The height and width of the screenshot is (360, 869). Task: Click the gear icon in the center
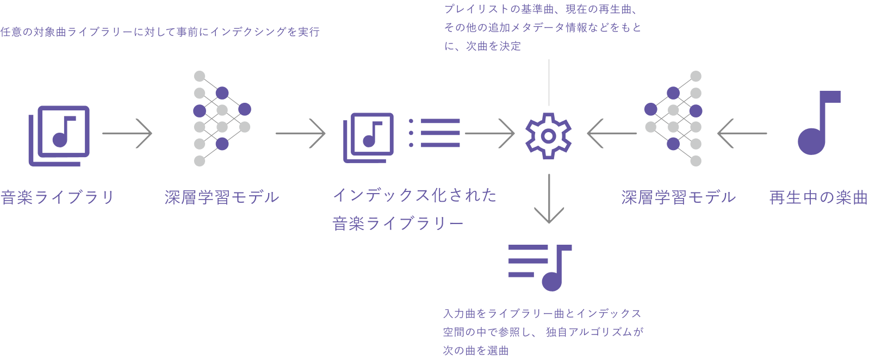pos(548,136)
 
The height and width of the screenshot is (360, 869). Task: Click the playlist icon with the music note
pos(540,267)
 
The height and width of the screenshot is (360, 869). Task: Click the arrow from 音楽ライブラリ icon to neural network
pos(127,133)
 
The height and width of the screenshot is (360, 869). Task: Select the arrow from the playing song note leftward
pos(742,133)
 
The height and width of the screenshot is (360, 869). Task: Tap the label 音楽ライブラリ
pos(58,197)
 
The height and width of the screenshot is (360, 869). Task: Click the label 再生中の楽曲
pos(818,197)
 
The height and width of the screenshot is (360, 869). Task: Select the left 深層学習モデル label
pos(222,197)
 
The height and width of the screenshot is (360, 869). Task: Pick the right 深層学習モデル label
pos(679,197)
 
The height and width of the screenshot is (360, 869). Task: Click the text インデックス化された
pos(414,195)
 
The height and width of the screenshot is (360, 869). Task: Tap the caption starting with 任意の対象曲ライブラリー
pos(160,32)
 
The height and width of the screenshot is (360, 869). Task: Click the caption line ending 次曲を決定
pos(482,46)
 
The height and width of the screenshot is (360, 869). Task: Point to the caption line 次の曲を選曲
pos(476,351)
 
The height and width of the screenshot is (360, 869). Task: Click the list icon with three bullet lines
pos(434,133)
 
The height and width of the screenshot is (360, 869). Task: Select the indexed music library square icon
pos(368,137)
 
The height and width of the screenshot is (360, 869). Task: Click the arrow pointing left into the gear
pos(612,133)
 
